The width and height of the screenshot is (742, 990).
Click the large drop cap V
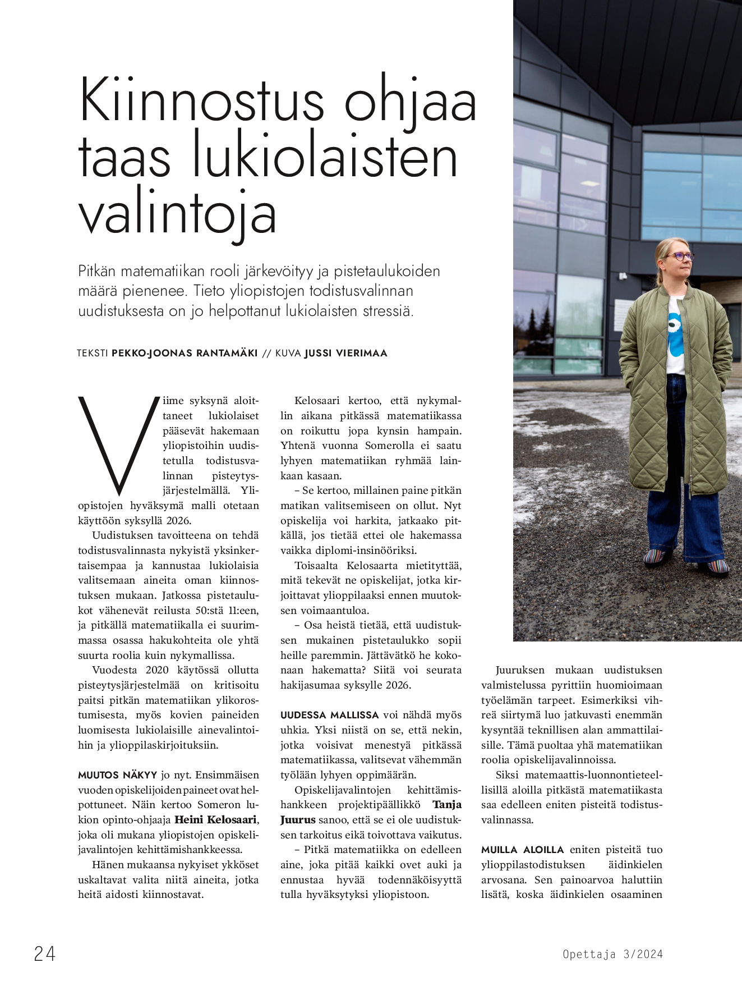click(x=117, y=443)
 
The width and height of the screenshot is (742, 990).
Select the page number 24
click(x=45, y=954)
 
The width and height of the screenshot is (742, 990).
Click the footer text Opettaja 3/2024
click(x=612, y=954)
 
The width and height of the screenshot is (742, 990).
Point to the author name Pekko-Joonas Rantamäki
click(x=185, y=353)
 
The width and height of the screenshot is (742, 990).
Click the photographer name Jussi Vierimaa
click(x=345, y=353)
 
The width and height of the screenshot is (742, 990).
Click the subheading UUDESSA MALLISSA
click(x=330, y=715)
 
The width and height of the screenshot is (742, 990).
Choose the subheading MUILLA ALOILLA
click(x=522, y=850)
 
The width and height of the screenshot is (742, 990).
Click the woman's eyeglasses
click(x=678, y=256)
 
